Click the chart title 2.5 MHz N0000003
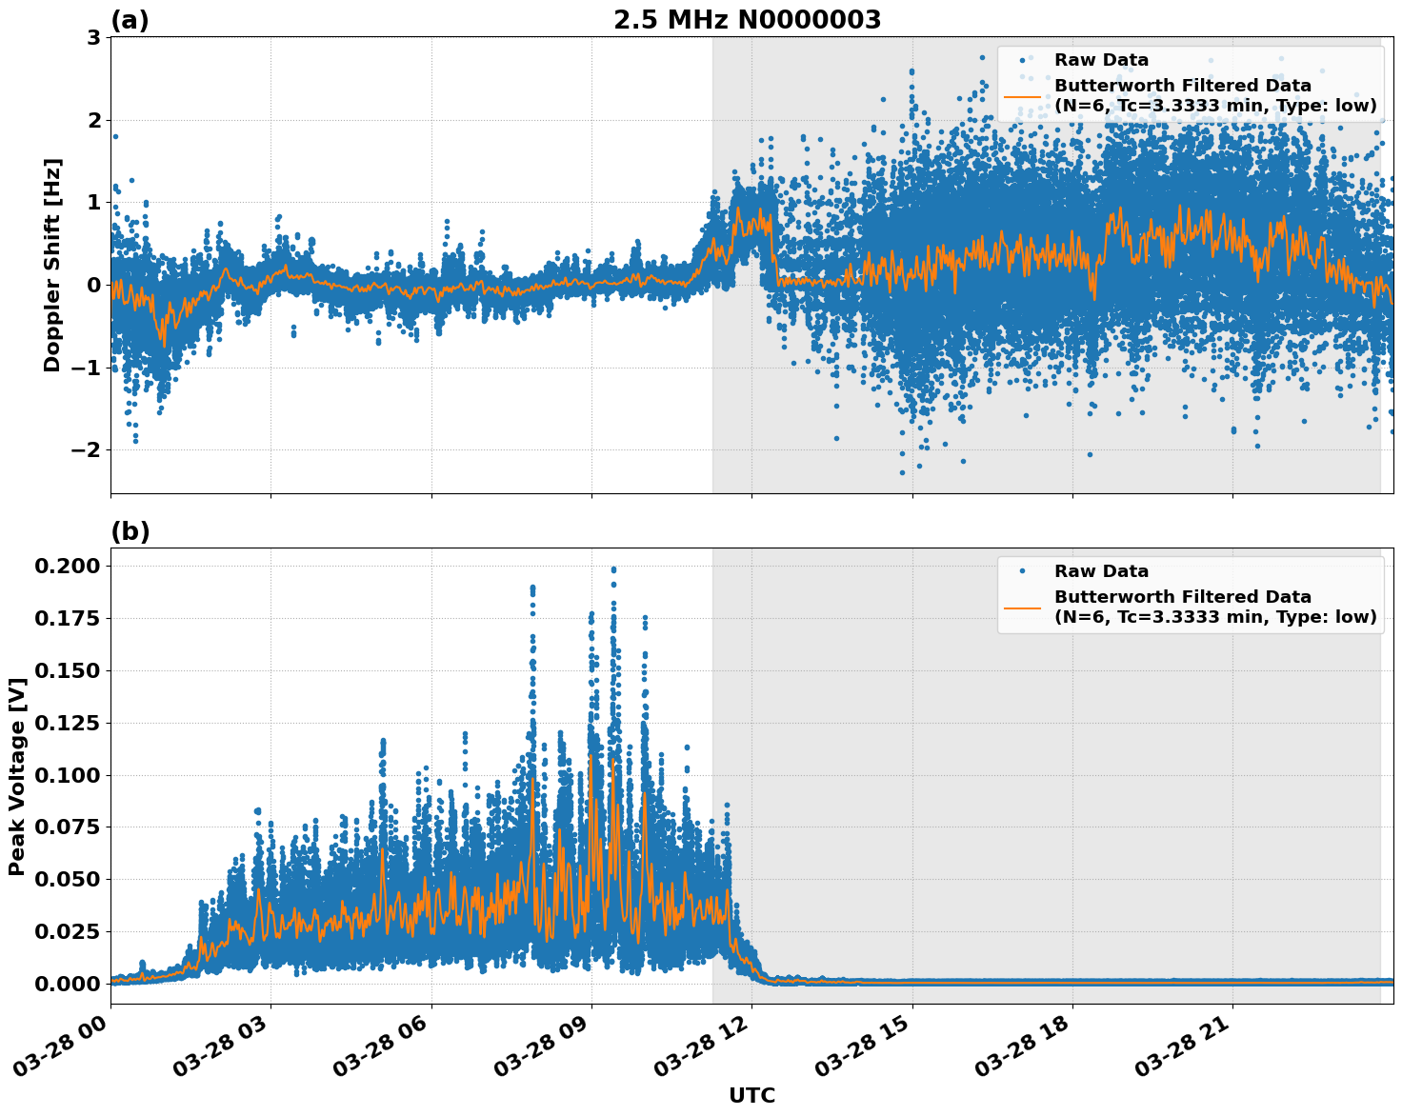(x=747, y=20)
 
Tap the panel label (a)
(x=130, y=20)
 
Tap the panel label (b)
(x=130, y=531)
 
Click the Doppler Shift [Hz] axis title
(x=52, y=265)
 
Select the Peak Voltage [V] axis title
(x=16, y=776)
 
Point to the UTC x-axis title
(x=751, y=1095)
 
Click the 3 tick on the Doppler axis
(x=93, y=38)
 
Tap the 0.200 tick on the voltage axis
(x=67, y=567)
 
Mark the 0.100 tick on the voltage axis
(x=67, y=775)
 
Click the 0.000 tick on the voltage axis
(x=67, y=984)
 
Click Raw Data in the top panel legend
(x=1101, y=60)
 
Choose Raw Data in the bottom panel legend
(x=1101, y=571)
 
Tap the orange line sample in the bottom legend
(x=1022, y=607)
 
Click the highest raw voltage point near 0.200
(x=613, y=569)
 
